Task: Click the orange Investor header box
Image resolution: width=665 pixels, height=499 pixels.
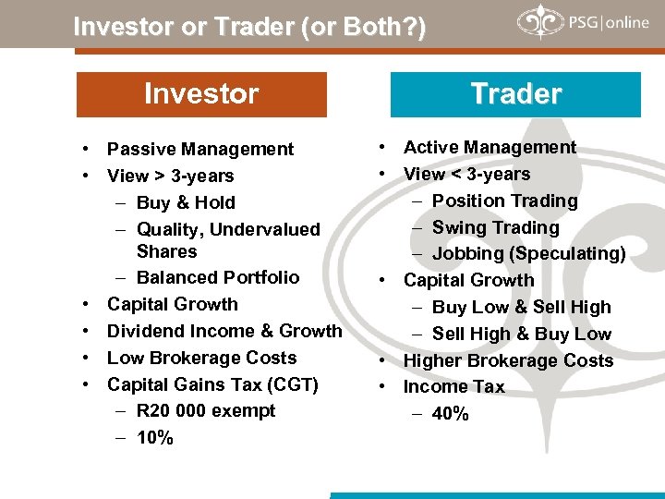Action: [201, 94]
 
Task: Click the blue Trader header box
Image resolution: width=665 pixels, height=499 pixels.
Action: [515, 94]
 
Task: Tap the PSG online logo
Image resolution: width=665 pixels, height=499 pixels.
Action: [583, 23]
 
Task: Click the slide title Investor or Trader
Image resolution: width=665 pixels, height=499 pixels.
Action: [249, 27]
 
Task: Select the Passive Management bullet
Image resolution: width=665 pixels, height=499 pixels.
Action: [200, 149]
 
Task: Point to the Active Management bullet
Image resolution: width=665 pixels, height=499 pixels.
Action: [490, 147]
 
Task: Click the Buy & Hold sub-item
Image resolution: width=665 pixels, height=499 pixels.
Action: [186, 202]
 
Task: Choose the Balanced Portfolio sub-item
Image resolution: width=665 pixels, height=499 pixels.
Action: [218, 277]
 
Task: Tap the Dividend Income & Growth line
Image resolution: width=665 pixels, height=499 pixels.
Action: [224, 331]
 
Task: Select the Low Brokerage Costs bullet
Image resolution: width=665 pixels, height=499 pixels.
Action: [202, 358]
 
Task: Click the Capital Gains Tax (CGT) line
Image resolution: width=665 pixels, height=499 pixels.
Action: [212, 383]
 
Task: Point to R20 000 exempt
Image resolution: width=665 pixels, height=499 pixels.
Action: [206, 410]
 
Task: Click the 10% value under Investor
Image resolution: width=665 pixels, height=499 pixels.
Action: [155, 437]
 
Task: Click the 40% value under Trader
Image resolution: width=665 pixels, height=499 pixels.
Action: [451, 413]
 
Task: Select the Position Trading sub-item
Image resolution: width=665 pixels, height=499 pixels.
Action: [504, 201]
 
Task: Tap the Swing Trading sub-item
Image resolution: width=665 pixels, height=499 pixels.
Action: [496, 227]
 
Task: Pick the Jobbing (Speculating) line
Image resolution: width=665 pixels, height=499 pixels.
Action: [529, 253]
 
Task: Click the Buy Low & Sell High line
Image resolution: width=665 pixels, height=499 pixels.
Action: [522, 307]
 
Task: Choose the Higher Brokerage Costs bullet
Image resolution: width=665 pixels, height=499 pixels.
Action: [508, 360]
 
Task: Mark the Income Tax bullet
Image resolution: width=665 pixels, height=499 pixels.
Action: [454, 386]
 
